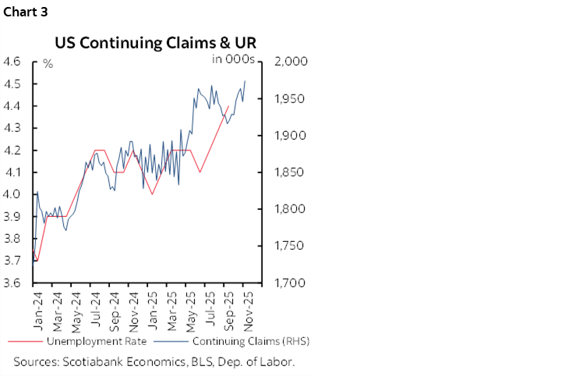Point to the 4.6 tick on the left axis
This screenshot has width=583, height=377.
14,62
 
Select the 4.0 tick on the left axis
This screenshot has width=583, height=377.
14,194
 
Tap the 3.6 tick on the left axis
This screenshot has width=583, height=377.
14,283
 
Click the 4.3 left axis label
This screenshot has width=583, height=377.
14,128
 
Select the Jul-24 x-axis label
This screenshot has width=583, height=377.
94,308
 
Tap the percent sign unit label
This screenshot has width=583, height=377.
48,63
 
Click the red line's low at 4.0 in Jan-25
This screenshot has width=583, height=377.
152,194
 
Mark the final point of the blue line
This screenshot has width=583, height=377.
246,80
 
